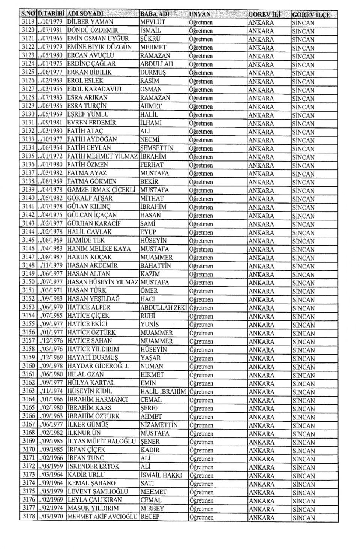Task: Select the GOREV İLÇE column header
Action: [x=311, y=15]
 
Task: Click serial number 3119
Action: [x=28, y=22]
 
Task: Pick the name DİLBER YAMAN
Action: [x=90, y=22]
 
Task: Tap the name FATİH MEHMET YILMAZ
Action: [x=102, y=156]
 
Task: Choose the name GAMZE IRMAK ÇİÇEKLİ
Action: [x=101, y=190]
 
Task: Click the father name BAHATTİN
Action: [x=156, y=265]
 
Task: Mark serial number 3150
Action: [x=28, y=282]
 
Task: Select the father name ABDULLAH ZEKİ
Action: [x=163, y=307]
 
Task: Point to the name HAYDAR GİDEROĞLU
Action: [x=98, y=366]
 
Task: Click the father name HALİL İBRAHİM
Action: [x=163, y=391]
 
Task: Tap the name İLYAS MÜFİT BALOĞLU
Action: [x=101, y=441]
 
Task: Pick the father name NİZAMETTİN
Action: [x=159, y=425]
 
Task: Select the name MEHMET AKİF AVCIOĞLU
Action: [x=103, y=517]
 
